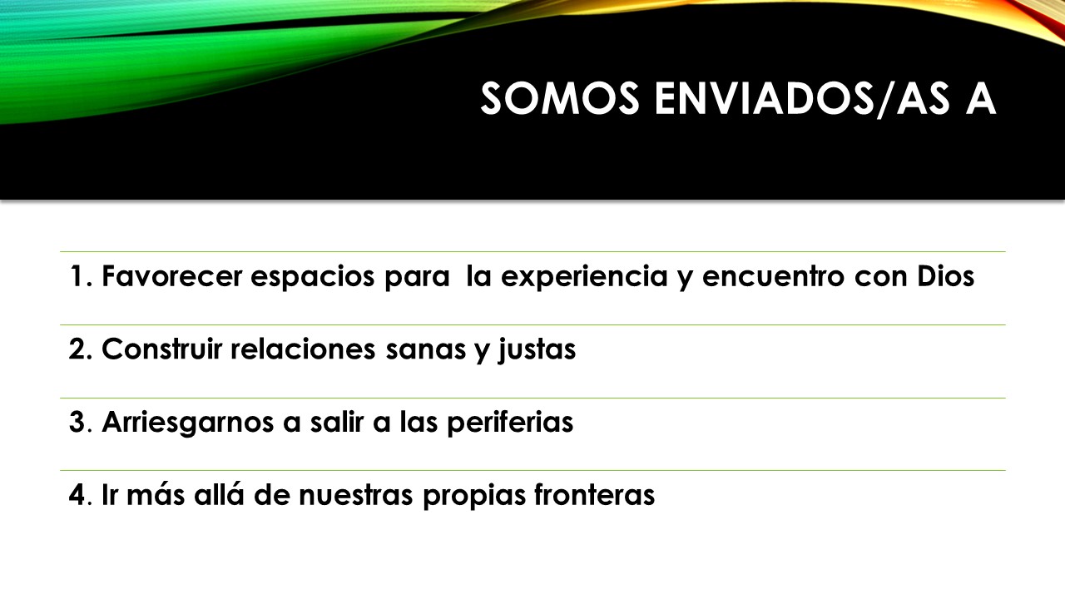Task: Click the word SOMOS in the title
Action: (x=560, y=98)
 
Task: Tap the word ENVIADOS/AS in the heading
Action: (x=802, y=98)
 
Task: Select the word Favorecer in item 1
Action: (x=172, y=275)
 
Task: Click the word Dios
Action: (x=946, y=275)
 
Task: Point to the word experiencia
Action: (x=584, y=277)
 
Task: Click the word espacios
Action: (x=312, y=277)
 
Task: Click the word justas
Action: (x=537, y=350)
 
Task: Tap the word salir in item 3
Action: (x=337, y=422)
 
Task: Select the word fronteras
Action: (x=594, y=495)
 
